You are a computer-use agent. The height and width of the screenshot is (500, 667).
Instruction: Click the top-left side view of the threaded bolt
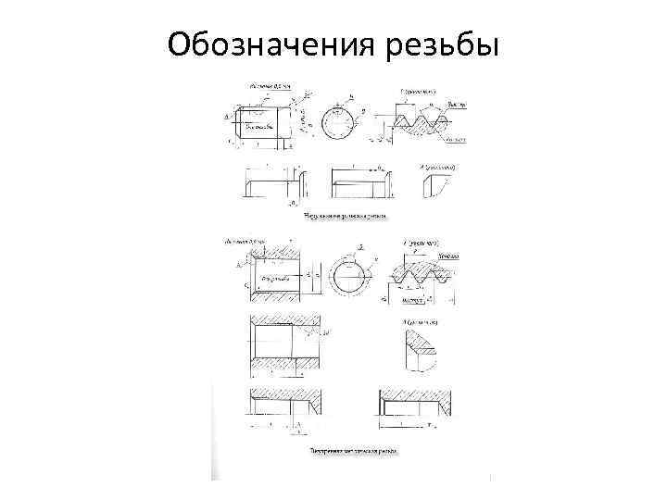click(x=265, y=122)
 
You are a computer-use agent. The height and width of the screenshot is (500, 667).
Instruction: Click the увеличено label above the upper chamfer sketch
click(x=441, y=166)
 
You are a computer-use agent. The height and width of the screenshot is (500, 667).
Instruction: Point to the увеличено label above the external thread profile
click(x=422, y=90)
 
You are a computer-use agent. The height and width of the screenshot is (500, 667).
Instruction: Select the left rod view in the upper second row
click(x=270, y=182)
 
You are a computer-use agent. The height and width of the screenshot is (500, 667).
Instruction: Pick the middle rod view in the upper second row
click(x=357, y=182)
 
